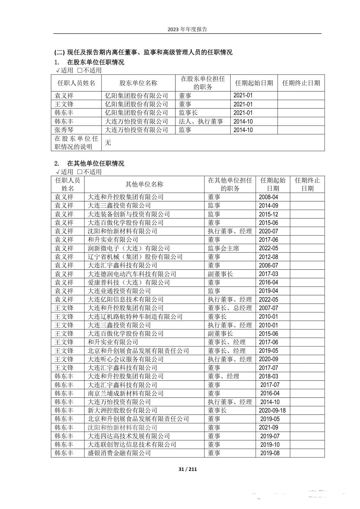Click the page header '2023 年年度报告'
pos(187,29)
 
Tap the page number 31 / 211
pos(187,469)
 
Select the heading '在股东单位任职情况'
pos(96,62)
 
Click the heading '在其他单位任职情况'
pos(96,164)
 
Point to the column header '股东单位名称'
pos(138,83)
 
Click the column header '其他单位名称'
pos(144,184)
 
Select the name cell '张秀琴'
pos(64,130)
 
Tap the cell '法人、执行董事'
pos(201,122)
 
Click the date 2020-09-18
pos(272,410)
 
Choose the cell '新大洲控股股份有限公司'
pos(122,410)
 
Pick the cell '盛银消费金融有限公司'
pos(119,453)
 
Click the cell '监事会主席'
pos(223,248)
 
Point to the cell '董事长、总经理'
pos(230,308)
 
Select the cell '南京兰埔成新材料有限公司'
pos(125,394)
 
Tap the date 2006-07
pos(268,265)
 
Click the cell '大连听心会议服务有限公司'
pos(125,359)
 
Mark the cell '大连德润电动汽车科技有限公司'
pos(132,274)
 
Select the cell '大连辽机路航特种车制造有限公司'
pos(135,317)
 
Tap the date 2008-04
pos(268,197)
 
